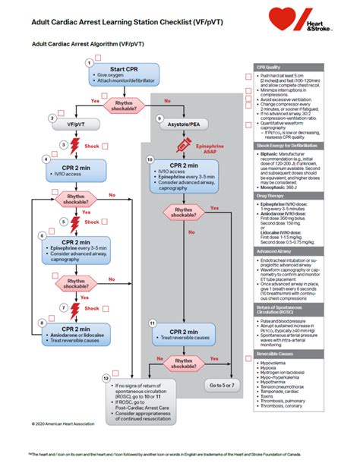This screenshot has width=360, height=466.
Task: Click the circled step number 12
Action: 106,377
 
